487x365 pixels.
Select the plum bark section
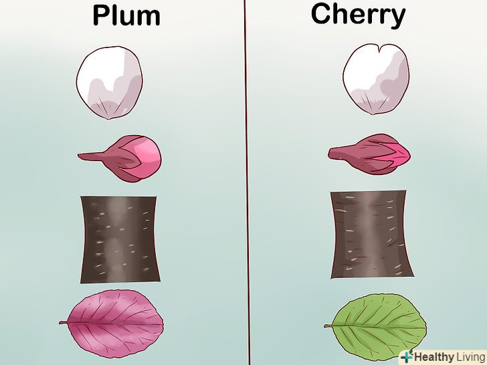(120, 239)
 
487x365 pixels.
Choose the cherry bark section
(369, 234)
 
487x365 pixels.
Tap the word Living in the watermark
(470, 356)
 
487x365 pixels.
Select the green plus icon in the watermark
(405, 356)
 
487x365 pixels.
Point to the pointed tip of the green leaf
(426, 325)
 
